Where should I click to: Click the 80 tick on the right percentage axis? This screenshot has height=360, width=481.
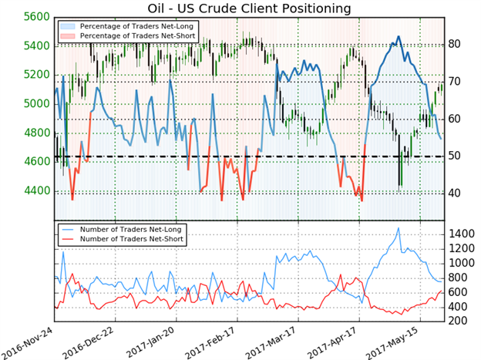[456, 44]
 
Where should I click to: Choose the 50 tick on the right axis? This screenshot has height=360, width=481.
[456, 156]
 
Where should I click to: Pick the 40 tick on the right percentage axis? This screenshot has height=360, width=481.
[456, 193]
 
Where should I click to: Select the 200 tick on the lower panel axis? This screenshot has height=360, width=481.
[460, 321]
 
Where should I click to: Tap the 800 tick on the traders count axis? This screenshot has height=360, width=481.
[460, 278]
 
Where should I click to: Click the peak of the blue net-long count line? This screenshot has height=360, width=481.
[398, 228]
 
